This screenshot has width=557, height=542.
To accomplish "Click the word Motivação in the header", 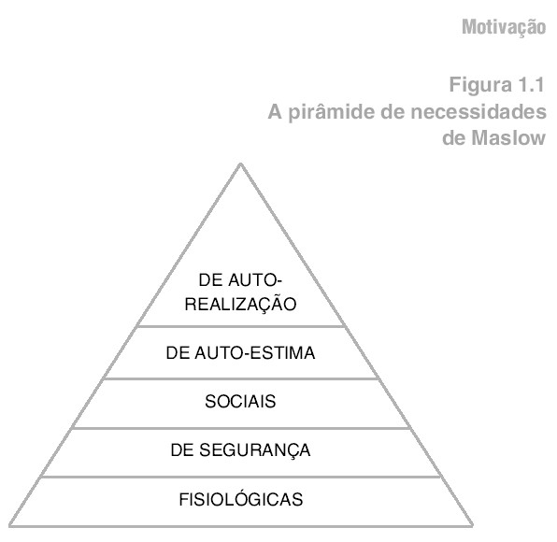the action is (x=504, y=28).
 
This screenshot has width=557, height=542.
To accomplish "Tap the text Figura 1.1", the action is (x=497, y=85).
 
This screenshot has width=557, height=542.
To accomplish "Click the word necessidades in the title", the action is (x=478, y=112).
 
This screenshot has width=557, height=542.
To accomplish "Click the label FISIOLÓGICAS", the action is (x=241, y=499).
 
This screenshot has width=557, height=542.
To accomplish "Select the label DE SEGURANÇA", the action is (x=240, y=450).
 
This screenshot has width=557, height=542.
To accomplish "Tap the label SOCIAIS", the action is (x=240, y=401).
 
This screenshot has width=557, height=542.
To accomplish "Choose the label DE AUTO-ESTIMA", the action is (x=240, y=353).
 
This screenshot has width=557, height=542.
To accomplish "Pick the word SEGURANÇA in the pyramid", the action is (x=255, y=450).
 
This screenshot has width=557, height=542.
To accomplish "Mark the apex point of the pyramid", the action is (x=240, y=164).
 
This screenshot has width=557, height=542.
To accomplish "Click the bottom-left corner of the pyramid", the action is (x=10, y=526).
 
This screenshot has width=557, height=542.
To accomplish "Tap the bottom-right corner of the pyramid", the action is (x=472, y=526).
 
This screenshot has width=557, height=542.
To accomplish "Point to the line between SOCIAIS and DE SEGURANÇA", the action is (x=241, y=428).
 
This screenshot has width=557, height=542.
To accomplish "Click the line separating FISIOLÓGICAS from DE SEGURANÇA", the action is (x=241, y=477).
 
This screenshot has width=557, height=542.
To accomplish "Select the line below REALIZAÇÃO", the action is (x=241, y=326).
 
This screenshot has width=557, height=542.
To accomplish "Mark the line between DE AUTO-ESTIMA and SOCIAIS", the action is (x=241, y=378).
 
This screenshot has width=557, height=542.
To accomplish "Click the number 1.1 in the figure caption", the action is (x=531, y=85).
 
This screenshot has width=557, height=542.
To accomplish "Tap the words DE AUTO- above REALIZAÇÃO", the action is (x=240, y=280).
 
